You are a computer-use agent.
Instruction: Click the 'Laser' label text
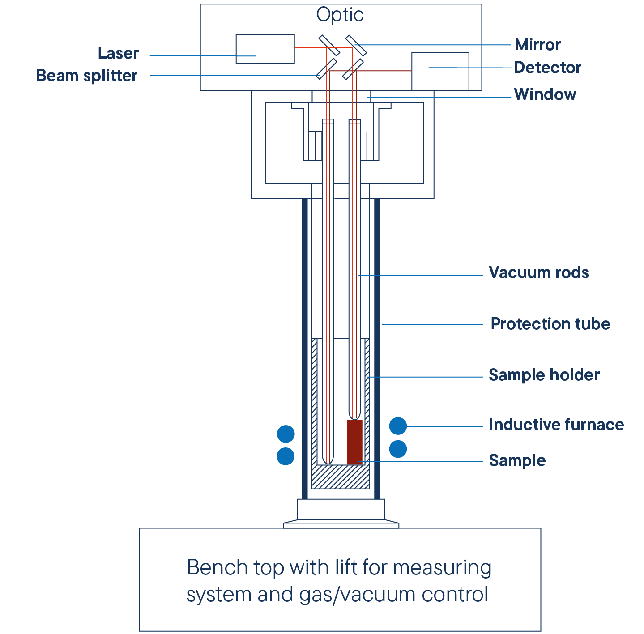click(118, 53)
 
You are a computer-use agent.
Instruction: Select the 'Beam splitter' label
click(86, 76)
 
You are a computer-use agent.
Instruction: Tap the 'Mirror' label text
click(537, 45)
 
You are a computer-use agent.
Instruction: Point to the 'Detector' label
click(547, 68)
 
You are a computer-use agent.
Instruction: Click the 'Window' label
click(545, 94)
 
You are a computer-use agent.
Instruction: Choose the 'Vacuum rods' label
click(538, 272)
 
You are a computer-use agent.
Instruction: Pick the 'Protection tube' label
click(550, 324)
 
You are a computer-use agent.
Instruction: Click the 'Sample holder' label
click(544, 375)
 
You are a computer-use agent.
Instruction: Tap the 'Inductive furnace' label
click(556, 425)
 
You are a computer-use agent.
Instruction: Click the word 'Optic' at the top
click(340, 15)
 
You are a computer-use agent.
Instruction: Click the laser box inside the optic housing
click(265, 49)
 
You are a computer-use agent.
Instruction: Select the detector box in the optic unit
click(440, 72)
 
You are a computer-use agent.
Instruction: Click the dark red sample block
click(354, 442)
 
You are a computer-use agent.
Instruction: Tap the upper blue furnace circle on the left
click(286, 434)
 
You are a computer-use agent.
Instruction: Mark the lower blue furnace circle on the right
click(398, 449)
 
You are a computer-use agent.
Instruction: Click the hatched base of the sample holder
click(341, 477)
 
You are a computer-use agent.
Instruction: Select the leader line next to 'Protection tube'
click(432, 324)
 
